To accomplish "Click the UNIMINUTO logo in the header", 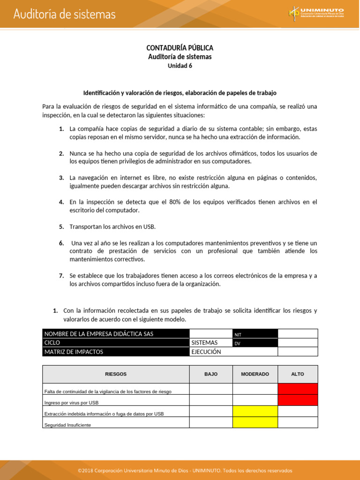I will pos(316,13).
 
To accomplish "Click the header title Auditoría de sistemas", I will pos(64,14).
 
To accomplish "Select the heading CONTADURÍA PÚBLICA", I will pos(180,48).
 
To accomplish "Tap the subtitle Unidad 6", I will pos(180,66).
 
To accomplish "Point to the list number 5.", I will pos(61,226).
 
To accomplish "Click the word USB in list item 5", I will pos(149,226).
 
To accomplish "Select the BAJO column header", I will pos(211,374).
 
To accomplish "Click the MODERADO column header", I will pos(255,374).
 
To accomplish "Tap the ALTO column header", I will pos(298,374).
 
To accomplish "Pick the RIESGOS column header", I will pos(116,374).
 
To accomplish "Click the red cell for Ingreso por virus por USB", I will pos(298,400).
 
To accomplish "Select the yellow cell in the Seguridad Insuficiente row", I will pos(255,423).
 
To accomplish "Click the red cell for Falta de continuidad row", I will pos(298,389).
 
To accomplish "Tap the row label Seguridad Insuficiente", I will pos(67,425).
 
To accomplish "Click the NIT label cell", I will pos(238,334).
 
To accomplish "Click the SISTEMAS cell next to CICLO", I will pos(204,343).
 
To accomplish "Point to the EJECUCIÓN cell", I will pos(206,352).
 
